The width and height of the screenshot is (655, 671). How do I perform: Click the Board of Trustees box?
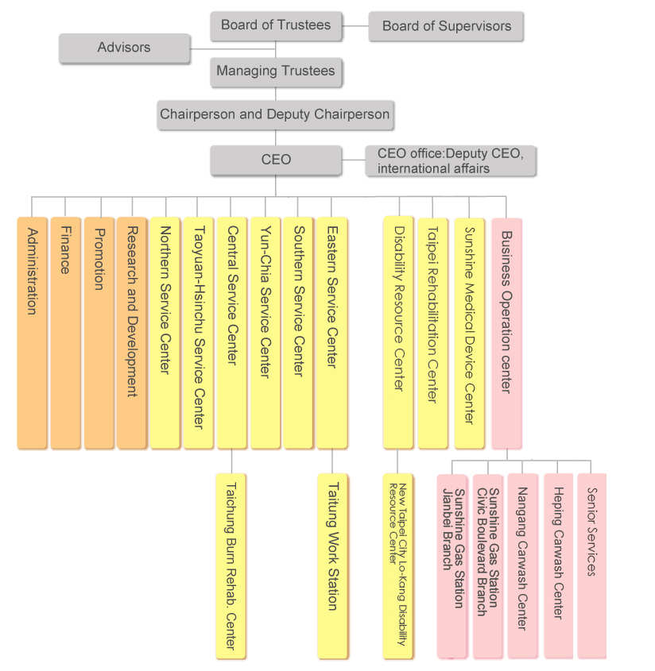coord(276,25)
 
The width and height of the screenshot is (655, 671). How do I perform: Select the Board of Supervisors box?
coord(446,26)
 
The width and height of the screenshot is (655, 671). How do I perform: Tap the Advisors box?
coord(124,48)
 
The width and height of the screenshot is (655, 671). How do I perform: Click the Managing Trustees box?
coord(276,72)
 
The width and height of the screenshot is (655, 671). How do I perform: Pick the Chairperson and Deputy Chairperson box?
coord(275,115)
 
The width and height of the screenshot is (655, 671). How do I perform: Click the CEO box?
coord(276,160)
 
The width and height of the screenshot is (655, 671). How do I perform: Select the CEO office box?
coord(450,160)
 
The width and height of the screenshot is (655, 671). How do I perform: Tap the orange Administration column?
coord(32,333)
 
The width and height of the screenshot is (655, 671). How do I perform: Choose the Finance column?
coord(65,333)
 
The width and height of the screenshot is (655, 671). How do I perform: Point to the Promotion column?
coord(99,333)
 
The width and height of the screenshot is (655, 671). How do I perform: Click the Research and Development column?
coord(132,333)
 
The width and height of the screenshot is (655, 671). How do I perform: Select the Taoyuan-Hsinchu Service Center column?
coord(199,333)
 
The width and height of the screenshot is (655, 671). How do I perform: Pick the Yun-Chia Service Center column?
coord(265,333)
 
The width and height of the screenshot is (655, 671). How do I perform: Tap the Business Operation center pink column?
coord(507,334)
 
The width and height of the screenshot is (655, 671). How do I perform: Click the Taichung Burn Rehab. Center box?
coord(231,565)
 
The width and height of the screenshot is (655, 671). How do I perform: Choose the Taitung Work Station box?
coord(332,565)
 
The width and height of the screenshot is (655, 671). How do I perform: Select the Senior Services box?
coord(591,565)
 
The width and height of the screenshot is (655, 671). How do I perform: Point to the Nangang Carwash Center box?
coord(522,565)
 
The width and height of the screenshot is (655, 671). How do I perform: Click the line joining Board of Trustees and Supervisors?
coord(355,26)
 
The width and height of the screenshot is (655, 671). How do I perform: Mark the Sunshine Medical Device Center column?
coord(470,334)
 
